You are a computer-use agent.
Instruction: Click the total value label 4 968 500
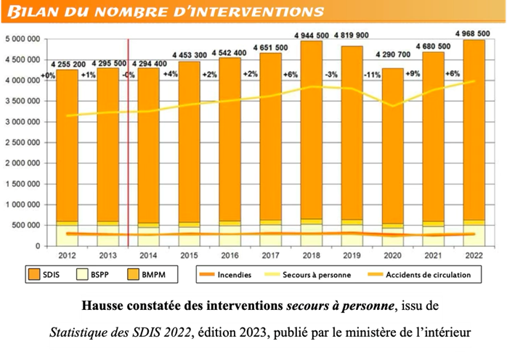click(474, 33)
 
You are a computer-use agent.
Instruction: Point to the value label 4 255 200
click(68, 62)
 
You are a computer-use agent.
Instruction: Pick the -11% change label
click(372, 75)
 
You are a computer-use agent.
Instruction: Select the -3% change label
click(331, 75)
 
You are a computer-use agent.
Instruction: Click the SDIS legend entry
click(44, 274)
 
